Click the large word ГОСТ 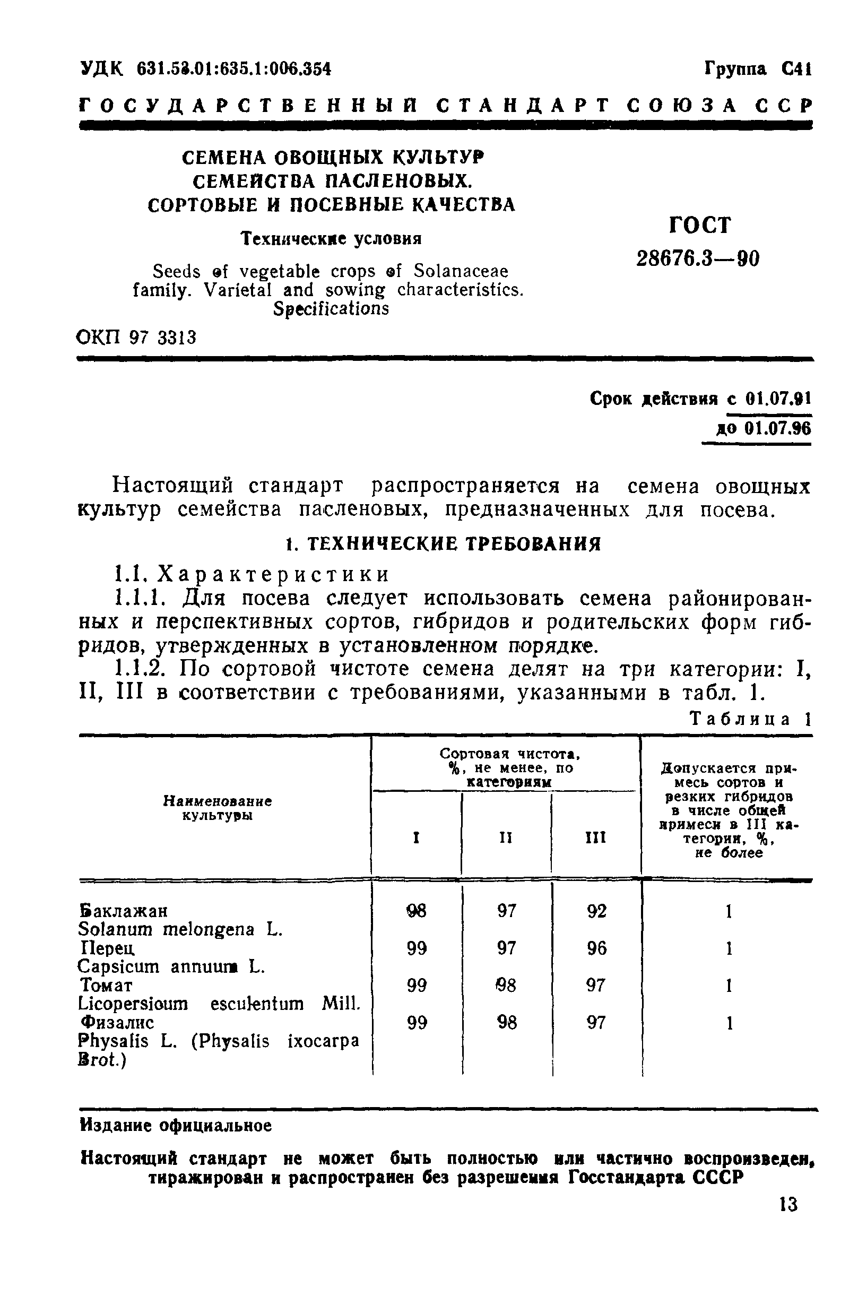700,225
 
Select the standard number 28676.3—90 698,258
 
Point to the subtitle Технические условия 332,239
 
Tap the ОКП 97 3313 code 136,337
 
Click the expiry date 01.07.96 777,428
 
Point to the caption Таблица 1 750,719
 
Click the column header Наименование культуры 217,808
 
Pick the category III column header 595,837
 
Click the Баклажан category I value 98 417,911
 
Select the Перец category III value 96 596,948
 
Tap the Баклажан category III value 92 596,911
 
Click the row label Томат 106,985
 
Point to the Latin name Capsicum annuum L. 171,966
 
